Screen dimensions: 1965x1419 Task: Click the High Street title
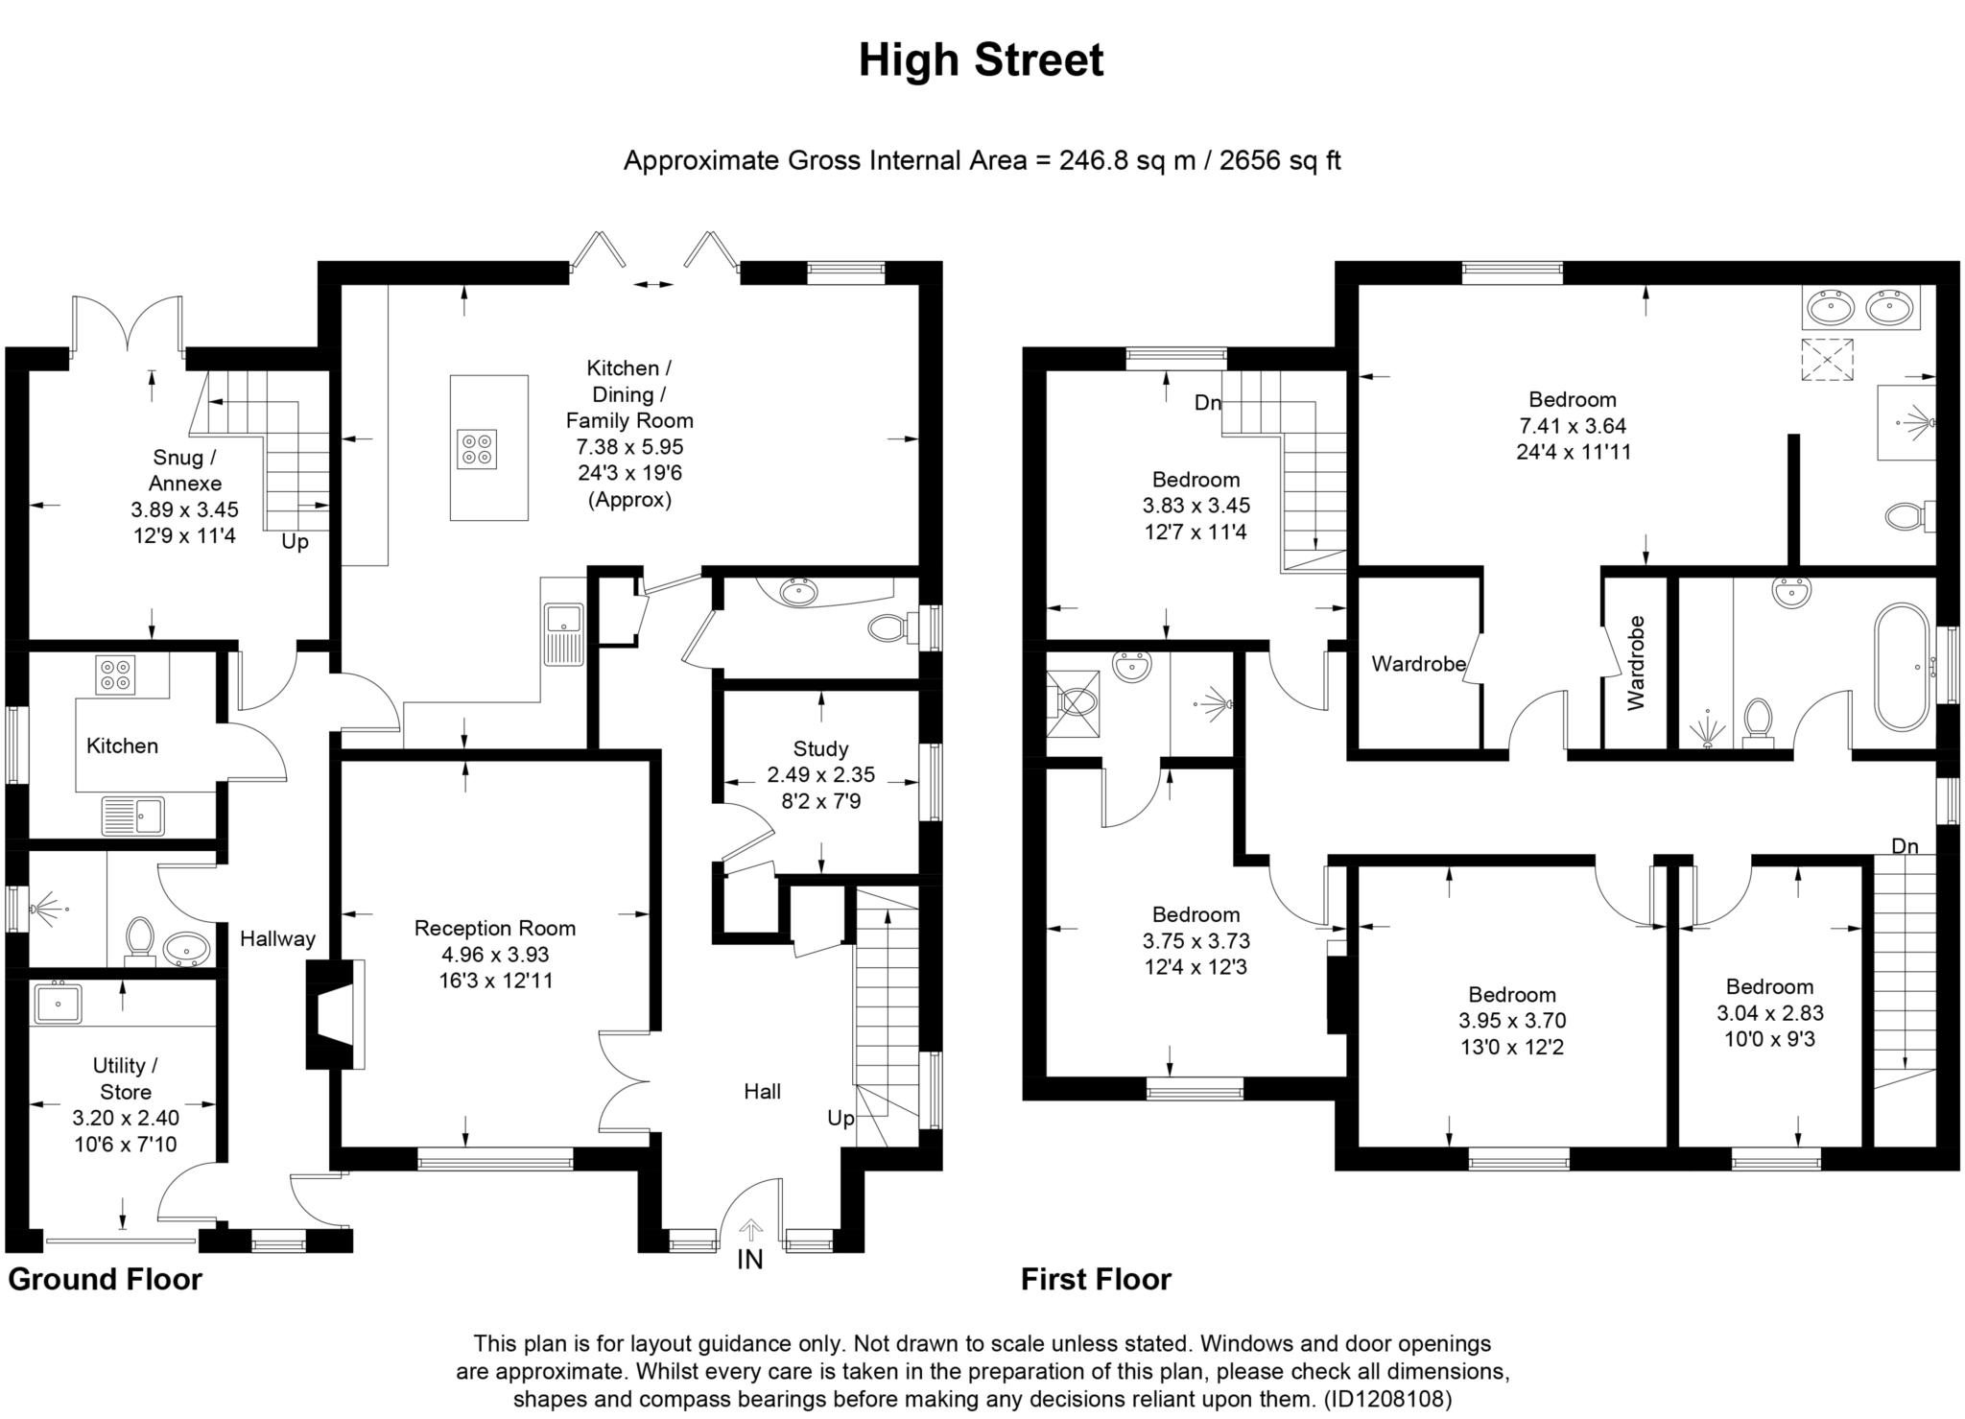(981, 59)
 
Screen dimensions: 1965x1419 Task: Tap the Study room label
(820, 748)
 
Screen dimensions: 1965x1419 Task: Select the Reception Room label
(495, 928)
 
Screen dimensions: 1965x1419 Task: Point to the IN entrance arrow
(750, 1230)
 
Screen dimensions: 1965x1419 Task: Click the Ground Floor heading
(106, 1279)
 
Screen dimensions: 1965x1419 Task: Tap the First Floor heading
(1096, 1279)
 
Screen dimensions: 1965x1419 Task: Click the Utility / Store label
(126, 1078)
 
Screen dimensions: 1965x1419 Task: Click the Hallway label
(277, 938)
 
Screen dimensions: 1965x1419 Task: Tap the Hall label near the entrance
(763, 1091)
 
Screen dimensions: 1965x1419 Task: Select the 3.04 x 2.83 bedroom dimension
(1769, 1012)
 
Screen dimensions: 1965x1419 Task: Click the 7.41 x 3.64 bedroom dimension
(1573, 425)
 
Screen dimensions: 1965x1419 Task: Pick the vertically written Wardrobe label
(1636, 663)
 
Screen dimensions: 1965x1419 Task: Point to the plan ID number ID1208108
(1387, 1398)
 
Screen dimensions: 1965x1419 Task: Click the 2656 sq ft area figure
(1280, 160)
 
